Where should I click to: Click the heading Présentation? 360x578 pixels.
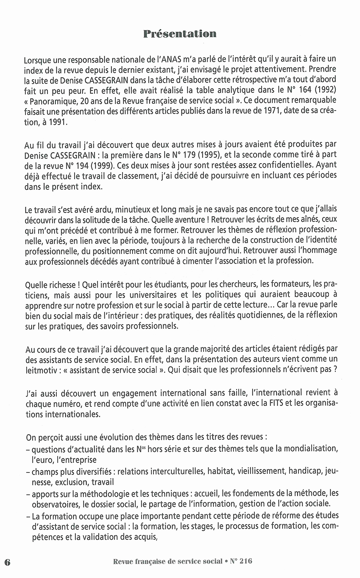[180, 34]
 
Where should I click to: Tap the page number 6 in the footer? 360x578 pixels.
[7, 562]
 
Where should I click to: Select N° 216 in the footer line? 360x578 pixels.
[241, 561]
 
